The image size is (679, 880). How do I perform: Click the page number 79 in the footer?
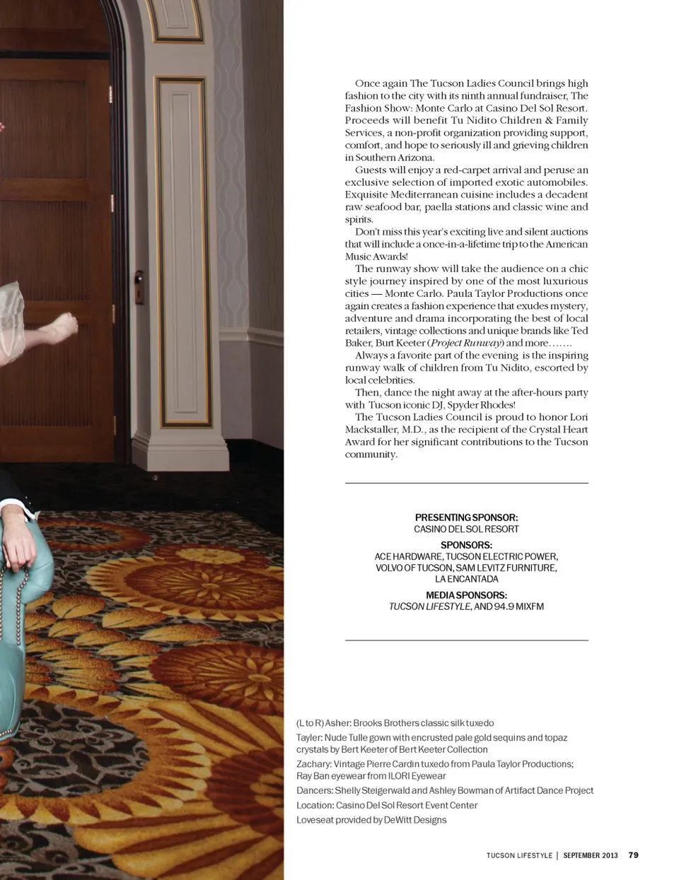(633, 855)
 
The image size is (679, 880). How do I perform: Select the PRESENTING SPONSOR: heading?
(466, 517)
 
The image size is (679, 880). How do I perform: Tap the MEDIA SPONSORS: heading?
(466, 595)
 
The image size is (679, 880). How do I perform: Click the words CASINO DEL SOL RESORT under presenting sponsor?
(466, 529)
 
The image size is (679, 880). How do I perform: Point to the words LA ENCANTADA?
(466, 579)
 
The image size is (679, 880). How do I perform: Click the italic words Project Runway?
(466, 343)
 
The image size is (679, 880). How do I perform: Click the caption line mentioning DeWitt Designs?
(371, 820)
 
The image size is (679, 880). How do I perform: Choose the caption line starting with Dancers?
(444, 790)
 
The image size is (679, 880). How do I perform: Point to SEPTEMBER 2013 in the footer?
(590, 855)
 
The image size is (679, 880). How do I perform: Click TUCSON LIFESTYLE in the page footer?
(519, 855)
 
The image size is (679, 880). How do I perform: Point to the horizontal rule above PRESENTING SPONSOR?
(466, 483)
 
